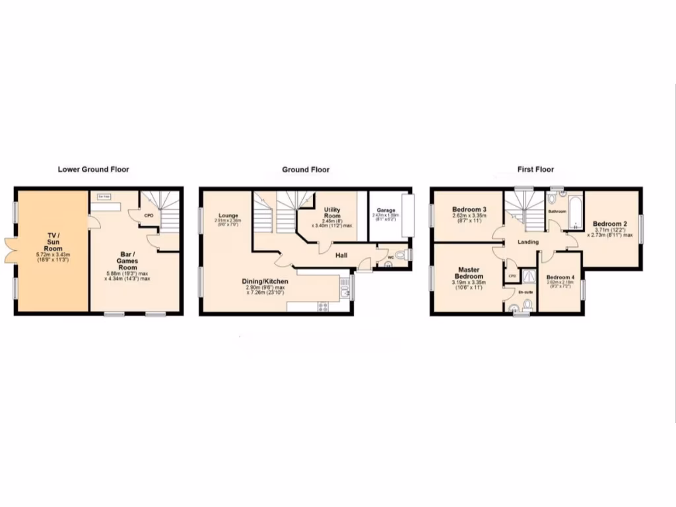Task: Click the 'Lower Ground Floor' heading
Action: [93, 170]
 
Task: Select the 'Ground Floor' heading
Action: [306, 170]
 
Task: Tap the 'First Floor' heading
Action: [535, 170]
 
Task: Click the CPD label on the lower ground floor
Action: [149, 215]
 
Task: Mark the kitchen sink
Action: [344, 287]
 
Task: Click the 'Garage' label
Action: [386, 211]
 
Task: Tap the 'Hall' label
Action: [341, 255]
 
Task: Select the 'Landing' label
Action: [528, 242]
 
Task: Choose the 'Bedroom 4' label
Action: [560, 277]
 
